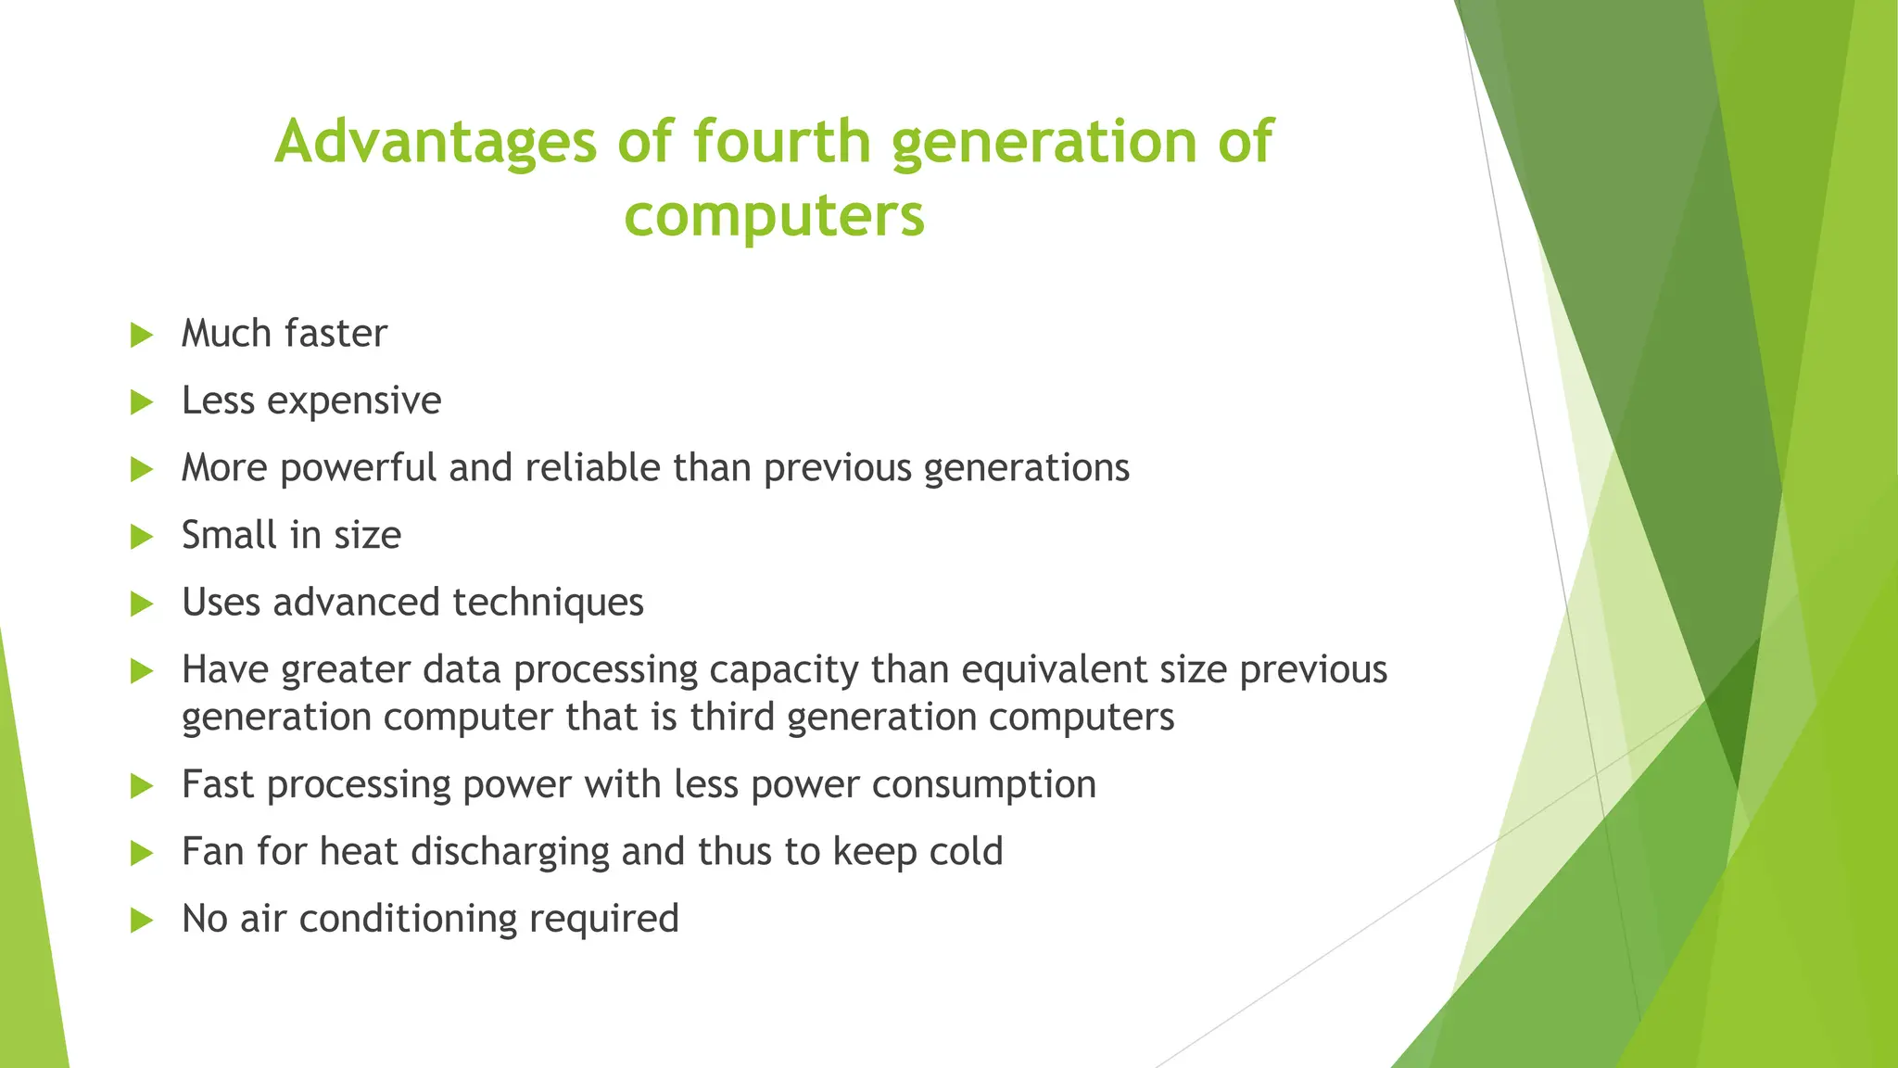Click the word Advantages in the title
coord(436,142)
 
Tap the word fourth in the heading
coord(781,142)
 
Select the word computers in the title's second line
coord(774,216)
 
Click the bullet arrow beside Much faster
coord(141,335)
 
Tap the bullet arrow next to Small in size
coord(141,536)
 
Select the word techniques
coord(548,603)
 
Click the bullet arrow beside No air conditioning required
coord(141,921)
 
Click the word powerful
coord(358,467)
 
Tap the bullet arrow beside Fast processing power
coord(141,786)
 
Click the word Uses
coord(221,603)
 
